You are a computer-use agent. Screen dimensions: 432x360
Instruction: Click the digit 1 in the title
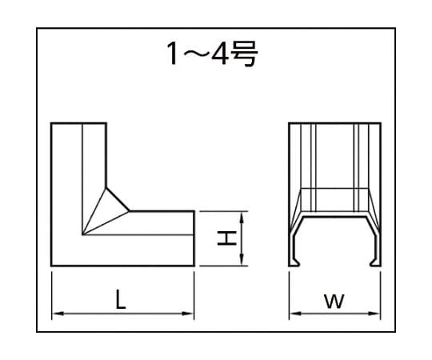point(173,54)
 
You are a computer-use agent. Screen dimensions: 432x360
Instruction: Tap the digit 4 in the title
point(219,54)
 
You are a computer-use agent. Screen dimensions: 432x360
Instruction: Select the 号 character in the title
point(244,54)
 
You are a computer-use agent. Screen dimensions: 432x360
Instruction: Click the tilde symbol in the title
point(195,54)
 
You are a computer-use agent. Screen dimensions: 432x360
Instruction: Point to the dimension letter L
point(120,299)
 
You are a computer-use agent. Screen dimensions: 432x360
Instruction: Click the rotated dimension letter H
point(226,238)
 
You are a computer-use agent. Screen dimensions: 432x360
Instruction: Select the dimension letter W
point(334,302)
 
